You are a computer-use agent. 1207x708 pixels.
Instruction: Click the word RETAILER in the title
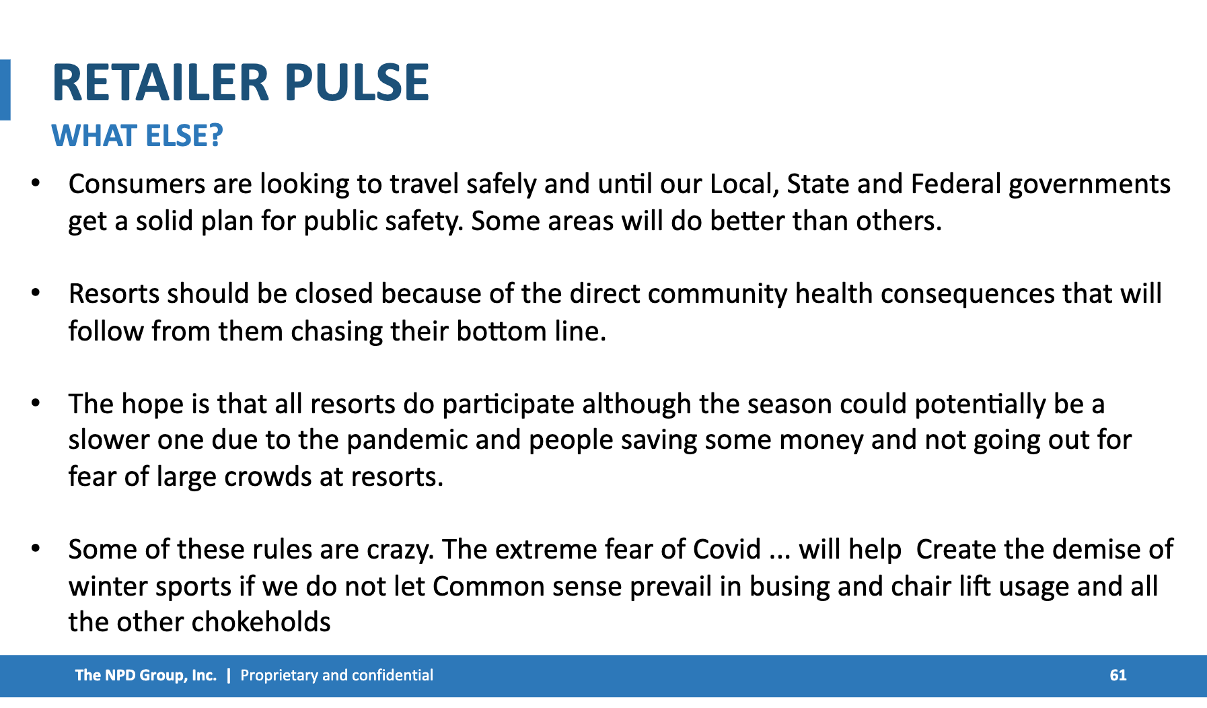(x=159, y=83)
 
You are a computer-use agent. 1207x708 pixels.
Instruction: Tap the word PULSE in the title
(x=357, y=83)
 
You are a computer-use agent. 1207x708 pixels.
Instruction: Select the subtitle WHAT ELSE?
(x=137, y=136)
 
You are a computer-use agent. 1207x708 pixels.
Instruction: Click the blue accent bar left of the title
(x=5, y=90)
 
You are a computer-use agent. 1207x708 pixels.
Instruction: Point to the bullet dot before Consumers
(x=36, y=183)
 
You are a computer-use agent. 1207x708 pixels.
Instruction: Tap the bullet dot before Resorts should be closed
(x=36, y=293)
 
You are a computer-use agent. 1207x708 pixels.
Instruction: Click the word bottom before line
(x=501, y=332)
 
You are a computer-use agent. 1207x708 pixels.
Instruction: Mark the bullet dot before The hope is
(x=36, y=403)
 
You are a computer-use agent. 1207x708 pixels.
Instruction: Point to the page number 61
(x=1118, y=676)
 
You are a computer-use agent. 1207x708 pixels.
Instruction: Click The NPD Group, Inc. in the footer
(x=146, y=676)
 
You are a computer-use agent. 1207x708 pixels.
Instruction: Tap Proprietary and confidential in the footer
(x=336, y=676)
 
